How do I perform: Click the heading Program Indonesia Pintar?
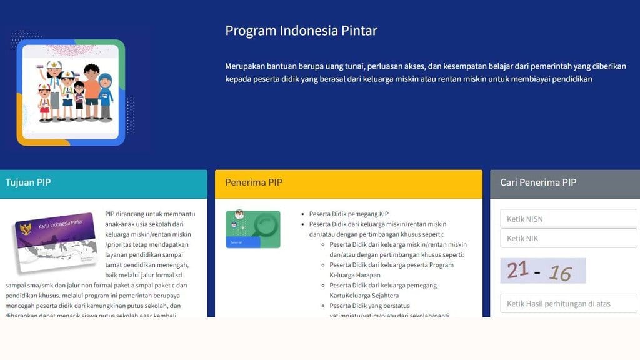tap(301, 31)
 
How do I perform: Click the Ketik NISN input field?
tap(568, 219)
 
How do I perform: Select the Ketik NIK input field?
tap(568, 238)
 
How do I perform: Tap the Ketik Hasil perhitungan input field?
tap(568, 304)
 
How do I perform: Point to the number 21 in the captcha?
tap(517, 270)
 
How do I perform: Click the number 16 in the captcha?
tap(560, 273)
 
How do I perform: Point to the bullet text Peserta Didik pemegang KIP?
tap(349, 214)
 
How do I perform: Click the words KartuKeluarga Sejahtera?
tap(364, 295)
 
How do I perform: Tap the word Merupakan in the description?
tap(246, 66)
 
